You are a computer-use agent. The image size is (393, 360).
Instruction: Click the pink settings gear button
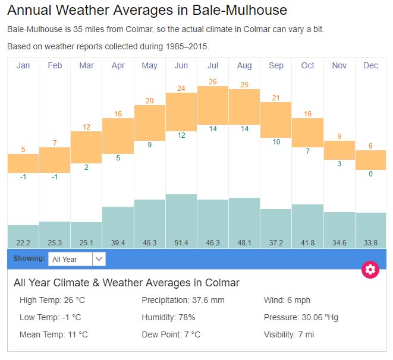point(370,270)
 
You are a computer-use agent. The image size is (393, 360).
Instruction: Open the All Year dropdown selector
point(77,259)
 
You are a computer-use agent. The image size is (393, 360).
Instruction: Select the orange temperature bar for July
point(213,105)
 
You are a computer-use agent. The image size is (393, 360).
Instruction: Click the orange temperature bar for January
point(23,163)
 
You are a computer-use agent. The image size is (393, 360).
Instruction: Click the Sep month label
point(276,65)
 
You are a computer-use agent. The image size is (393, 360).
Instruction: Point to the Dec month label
point(370,65)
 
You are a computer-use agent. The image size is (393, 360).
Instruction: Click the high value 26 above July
point(213,81)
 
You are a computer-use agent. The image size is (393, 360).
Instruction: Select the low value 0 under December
point(370,174)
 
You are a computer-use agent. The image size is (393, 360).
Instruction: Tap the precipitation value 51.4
point(181,242)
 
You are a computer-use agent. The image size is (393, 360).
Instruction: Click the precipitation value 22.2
point(23,242)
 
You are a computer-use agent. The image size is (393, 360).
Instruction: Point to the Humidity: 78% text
point(168,317)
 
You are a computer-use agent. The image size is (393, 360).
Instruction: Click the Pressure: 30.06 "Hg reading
point(301,317)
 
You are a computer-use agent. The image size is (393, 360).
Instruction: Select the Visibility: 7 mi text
point(289,334)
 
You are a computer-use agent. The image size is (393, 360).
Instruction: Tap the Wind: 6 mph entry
point(287,300)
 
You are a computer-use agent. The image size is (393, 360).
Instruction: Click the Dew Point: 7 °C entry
point(171,334)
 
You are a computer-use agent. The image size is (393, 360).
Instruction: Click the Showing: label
point(29,258)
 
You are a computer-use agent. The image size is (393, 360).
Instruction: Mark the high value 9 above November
point(339,137)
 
